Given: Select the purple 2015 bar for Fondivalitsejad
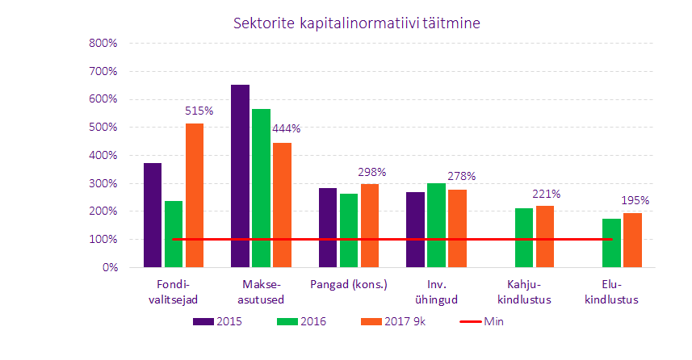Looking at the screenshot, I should point(153,215).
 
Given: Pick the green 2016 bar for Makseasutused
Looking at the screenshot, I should point(261,188).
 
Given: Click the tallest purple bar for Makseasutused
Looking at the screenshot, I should point(240,176).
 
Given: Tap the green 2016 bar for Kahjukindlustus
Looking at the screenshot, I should point(524,237).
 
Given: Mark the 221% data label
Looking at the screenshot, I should point(546,194).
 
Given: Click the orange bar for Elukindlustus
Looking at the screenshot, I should point(632,240).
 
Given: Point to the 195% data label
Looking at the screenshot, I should point(635,200).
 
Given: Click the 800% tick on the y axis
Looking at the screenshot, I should point(103,44).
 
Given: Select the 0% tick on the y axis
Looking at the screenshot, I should point(109,267).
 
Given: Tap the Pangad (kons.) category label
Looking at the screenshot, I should point(348,285).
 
